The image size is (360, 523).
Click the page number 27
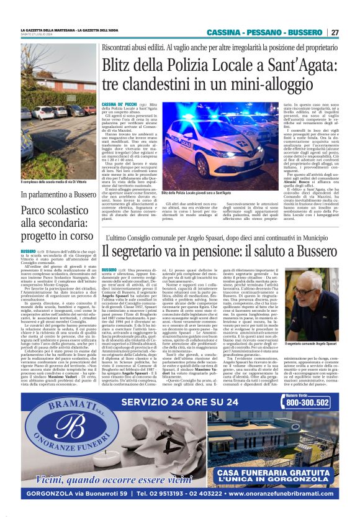pyautogui.click(x=335, y=32)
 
